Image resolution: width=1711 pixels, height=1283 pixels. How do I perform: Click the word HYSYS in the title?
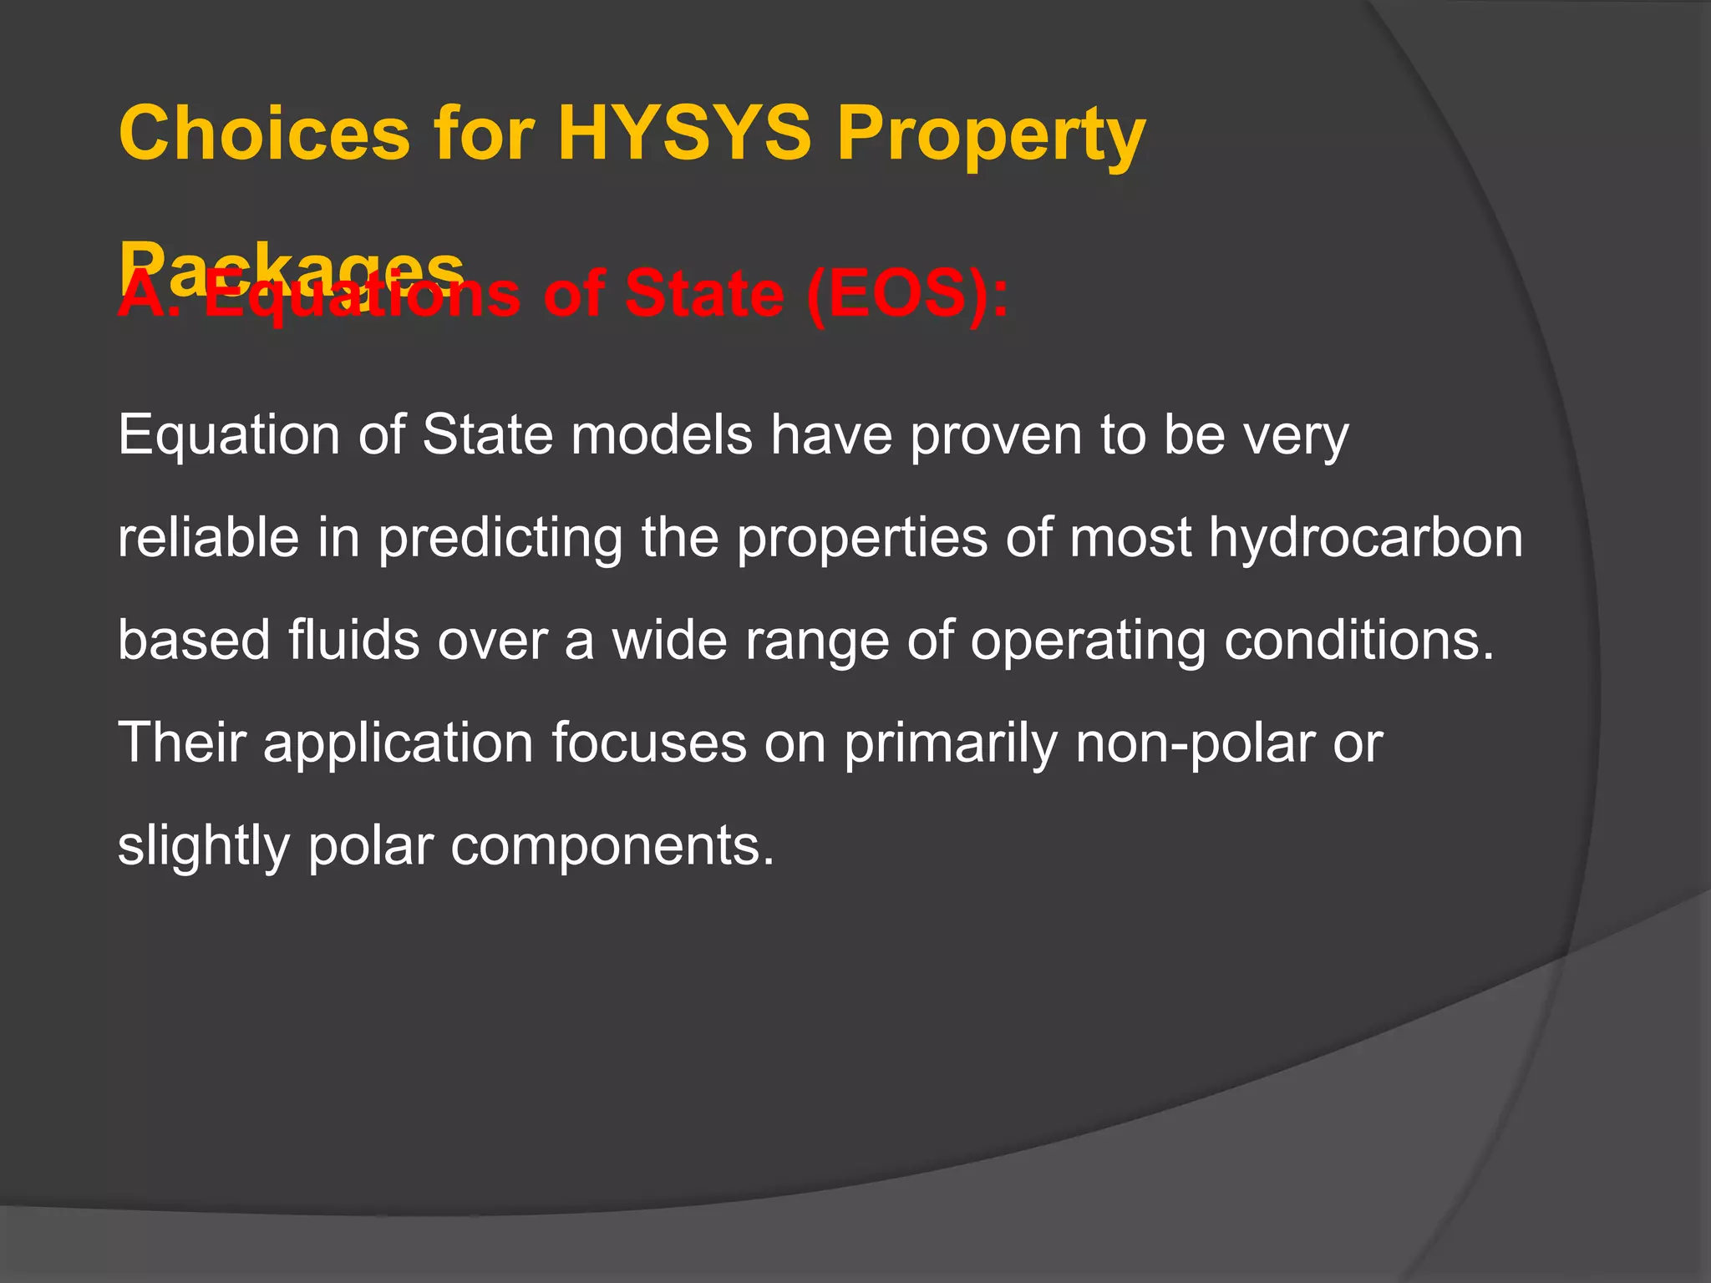684,134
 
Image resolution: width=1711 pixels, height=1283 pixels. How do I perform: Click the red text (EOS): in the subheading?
907,295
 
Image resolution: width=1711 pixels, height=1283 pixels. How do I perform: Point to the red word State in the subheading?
703,293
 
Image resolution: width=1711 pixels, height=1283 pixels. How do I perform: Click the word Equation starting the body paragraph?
229,436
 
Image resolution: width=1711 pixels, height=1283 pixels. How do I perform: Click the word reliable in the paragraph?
208,537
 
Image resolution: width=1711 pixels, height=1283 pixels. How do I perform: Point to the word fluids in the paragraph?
353,640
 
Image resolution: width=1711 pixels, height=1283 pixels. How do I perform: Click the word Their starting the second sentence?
183,742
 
